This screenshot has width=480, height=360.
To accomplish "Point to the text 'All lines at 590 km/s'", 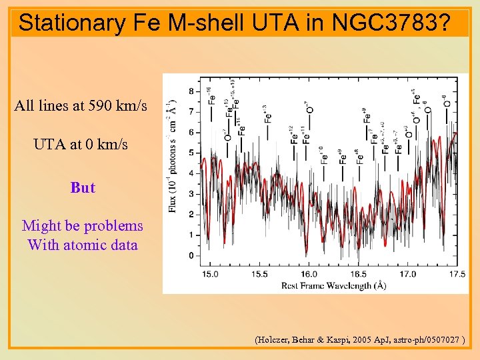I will [x=81, y=106].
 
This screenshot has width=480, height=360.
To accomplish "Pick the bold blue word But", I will [x=83, y=187].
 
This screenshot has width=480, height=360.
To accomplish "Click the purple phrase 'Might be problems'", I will [x=83, y=226].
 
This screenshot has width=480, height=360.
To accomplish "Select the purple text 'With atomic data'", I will [x=83, y=245].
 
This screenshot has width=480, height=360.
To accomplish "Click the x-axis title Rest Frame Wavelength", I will [x=315, y=285].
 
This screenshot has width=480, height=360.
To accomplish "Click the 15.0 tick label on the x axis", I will [x=211, y=273].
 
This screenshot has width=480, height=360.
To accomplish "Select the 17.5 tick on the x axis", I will [x=457, y=273].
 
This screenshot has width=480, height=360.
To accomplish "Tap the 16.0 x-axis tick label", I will [x=309, y=273].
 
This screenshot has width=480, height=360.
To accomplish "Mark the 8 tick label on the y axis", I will [x=192, y=91].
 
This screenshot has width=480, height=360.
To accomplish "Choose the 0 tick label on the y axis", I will [x=192, y=256].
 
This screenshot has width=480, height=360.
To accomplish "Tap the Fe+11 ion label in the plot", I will [x=306, y=134].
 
